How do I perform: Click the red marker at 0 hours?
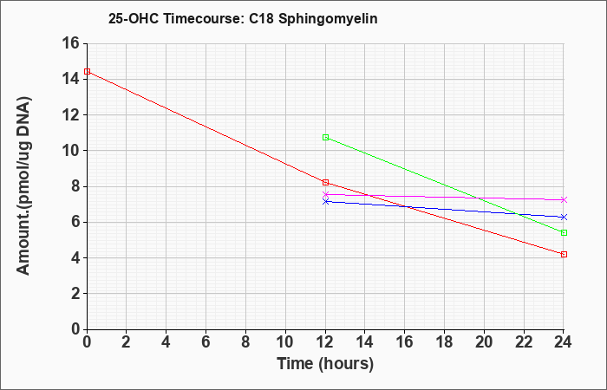point(87,72)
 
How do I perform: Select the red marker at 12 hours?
point(325,183)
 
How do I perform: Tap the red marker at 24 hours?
point(564,255)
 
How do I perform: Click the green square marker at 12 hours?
point(325,137)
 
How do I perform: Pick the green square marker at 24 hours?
point(564,232)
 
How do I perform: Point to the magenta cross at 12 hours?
point(325,194)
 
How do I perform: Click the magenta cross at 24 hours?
point(564,199)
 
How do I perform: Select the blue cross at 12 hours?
point(325,202)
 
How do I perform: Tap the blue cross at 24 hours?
point(564,218)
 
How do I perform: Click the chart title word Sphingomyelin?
point(328,19)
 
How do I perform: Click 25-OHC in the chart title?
point(134,19)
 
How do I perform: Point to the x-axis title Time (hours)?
point(325,364)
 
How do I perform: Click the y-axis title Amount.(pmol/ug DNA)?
point(23,186)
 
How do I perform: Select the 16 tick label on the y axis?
point(70,43)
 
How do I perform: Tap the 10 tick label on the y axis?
point(70,151)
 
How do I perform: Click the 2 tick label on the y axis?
point(75,294)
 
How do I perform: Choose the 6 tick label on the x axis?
point(206,342)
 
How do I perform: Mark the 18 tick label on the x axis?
point(444,342)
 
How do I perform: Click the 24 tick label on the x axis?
point(564,342)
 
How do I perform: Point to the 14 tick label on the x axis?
point(365,342)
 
